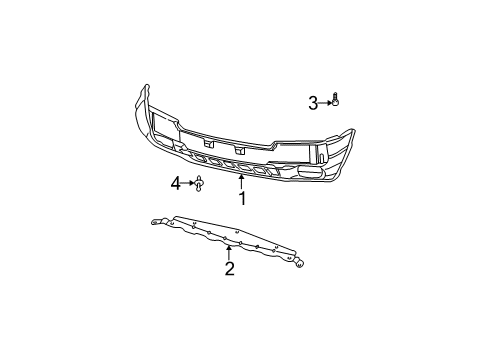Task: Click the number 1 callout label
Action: pyautogui.click(x=242, y=198)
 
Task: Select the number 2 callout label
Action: pyautogui.click(x=229, y=268)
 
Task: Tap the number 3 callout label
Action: pyautogui.click(x=313, y=103)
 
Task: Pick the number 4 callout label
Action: pyautogui.click(x=175, y=183)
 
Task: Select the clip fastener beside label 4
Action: pyautogui.click(x=200, y=183)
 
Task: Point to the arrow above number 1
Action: pyautogui.click(x=242, y=181)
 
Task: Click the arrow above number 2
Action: pyautogui.click(x=229, y=250)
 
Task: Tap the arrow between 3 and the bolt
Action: pyautogui.click(x=325, y=103)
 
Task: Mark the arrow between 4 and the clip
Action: pyautogui.click(x=187, y=183)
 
